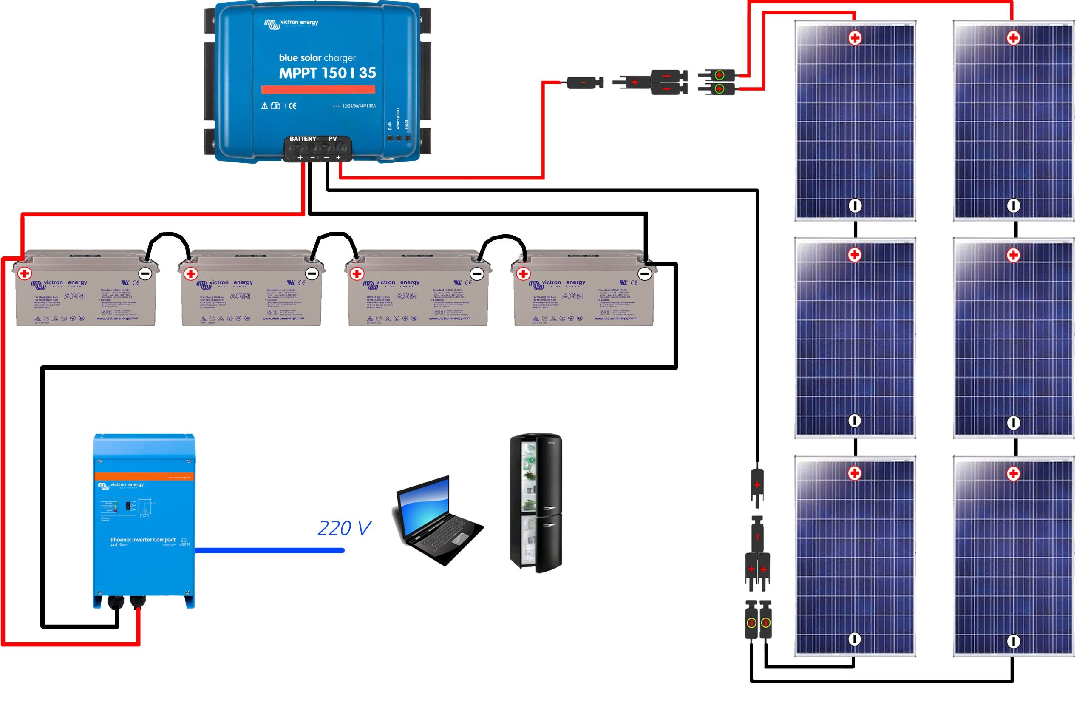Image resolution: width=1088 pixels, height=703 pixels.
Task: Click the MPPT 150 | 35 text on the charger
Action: pyautogui.click(x=327, y=73)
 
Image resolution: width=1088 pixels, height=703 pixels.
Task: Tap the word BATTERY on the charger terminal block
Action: pyautogui.click(x=303, y=139)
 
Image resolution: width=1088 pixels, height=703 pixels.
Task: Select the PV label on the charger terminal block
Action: pyautogui.click(x=332, y=139)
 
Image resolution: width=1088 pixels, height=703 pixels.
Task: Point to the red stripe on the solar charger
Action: pyautogui.click(x=318, y=89)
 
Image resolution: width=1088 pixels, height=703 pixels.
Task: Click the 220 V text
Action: pyautogui.click(x=344, y=529)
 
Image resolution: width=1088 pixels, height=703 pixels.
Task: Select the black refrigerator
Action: pyautogui.click(x=536, y=502)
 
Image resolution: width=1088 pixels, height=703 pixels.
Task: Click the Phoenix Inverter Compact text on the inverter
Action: pyautogui.click(x=142, y=540)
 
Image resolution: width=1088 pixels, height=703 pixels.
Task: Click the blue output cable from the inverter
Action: pyautogui.click(x=269, y=550)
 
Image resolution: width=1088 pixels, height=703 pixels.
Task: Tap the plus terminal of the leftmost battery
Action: pyautogui.click(x=25, y=273)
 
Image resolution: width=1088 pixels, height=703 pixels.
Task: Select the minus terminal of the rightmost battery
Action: pyautogui.click(x=644, y=274)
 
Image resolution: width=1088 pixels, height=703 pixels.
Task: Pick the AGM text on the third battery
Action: pyautogui.click(x=406, y=296)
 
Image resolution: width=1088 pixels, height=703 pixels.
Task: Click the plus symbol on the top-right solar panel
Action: pyautogui.click(x=1013, y=38)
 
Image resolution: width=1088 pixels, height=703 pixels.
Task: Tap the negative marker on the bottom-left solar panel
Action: pyautogui.click(x=854, y=639)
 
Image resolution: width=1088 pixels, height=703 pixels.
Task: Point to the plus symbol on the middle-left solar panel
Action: pyautogui.click(x=854, y=255)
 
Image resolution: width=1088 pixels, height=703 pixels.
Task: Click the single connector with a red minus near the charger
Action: pyautogui.click(x=584, y=83)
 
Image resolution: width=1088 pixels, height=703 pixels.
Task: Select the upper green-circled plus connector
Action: pyautogui.click(x=720, y=74)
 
